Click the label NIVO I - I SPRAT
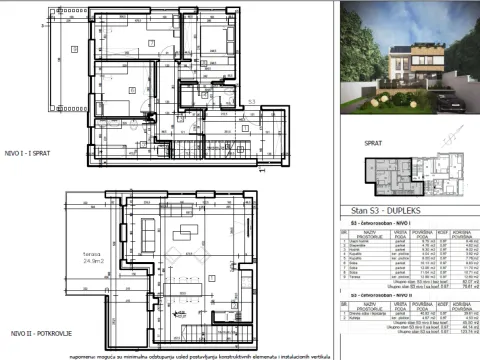pyautogui.click(x=30, y=151)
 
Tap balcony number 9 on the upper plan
pyautogui.click(x=72, y=50)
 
